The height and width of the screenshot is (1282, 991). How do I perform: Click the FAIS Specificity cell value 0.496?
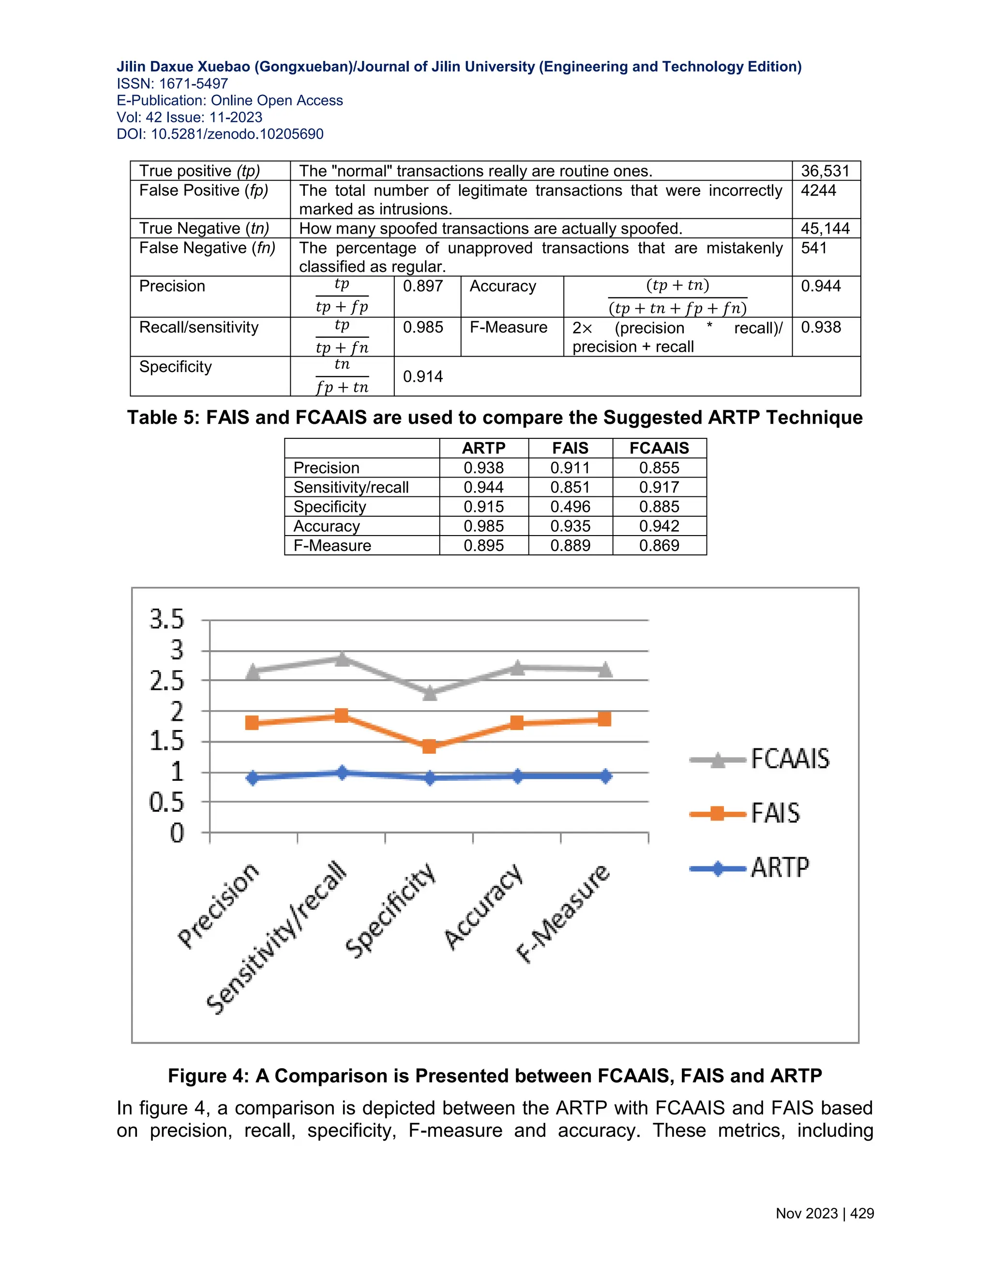(x=570, y=507)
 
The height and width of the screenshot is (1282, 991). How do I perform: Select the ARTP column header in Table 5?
(x=483, y=448)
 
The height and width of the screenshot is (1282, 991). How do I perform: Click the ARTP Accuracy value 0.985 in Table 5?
(x=483, y=526)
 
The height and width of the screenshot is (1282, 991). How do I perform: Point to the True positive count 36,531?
(x=825, y=171)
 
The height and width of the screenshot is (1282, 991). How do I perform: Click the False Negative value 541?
(x=814, y=248)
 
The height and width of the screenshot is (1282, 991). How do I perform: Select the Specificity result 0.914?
(x=423, y=376)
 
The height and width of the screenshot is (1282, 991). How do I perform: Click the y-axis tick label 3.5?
(x=167, y=619)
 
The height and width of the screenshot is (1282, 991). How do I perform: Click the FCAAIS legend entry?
(x=761, y=759)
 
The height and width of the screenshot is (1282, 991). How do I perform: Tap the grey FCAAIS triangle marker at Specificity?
(x=430, y=693)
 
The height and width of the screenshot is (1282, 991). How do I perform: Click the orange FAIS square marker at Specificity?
(x=429, y=746)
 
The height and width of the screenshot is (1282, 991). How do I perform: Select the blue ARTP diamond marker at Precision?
(x=253, y=778)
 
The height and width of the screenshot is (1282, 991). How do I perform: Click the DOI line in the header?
(x=220, y=134)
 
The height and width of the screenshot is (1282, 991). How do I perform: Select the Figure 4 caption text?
(x=495, y=1075)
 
